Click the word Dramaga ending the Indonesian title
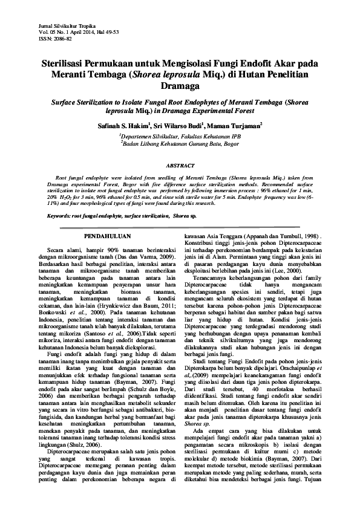(180, 86)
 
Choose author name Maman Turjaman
(233, 126)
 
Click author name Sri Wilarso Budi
(175, 126)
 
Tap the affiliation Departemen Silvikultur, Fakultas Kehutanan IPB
(181, 138)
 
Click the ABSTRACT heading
(180, 166)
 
